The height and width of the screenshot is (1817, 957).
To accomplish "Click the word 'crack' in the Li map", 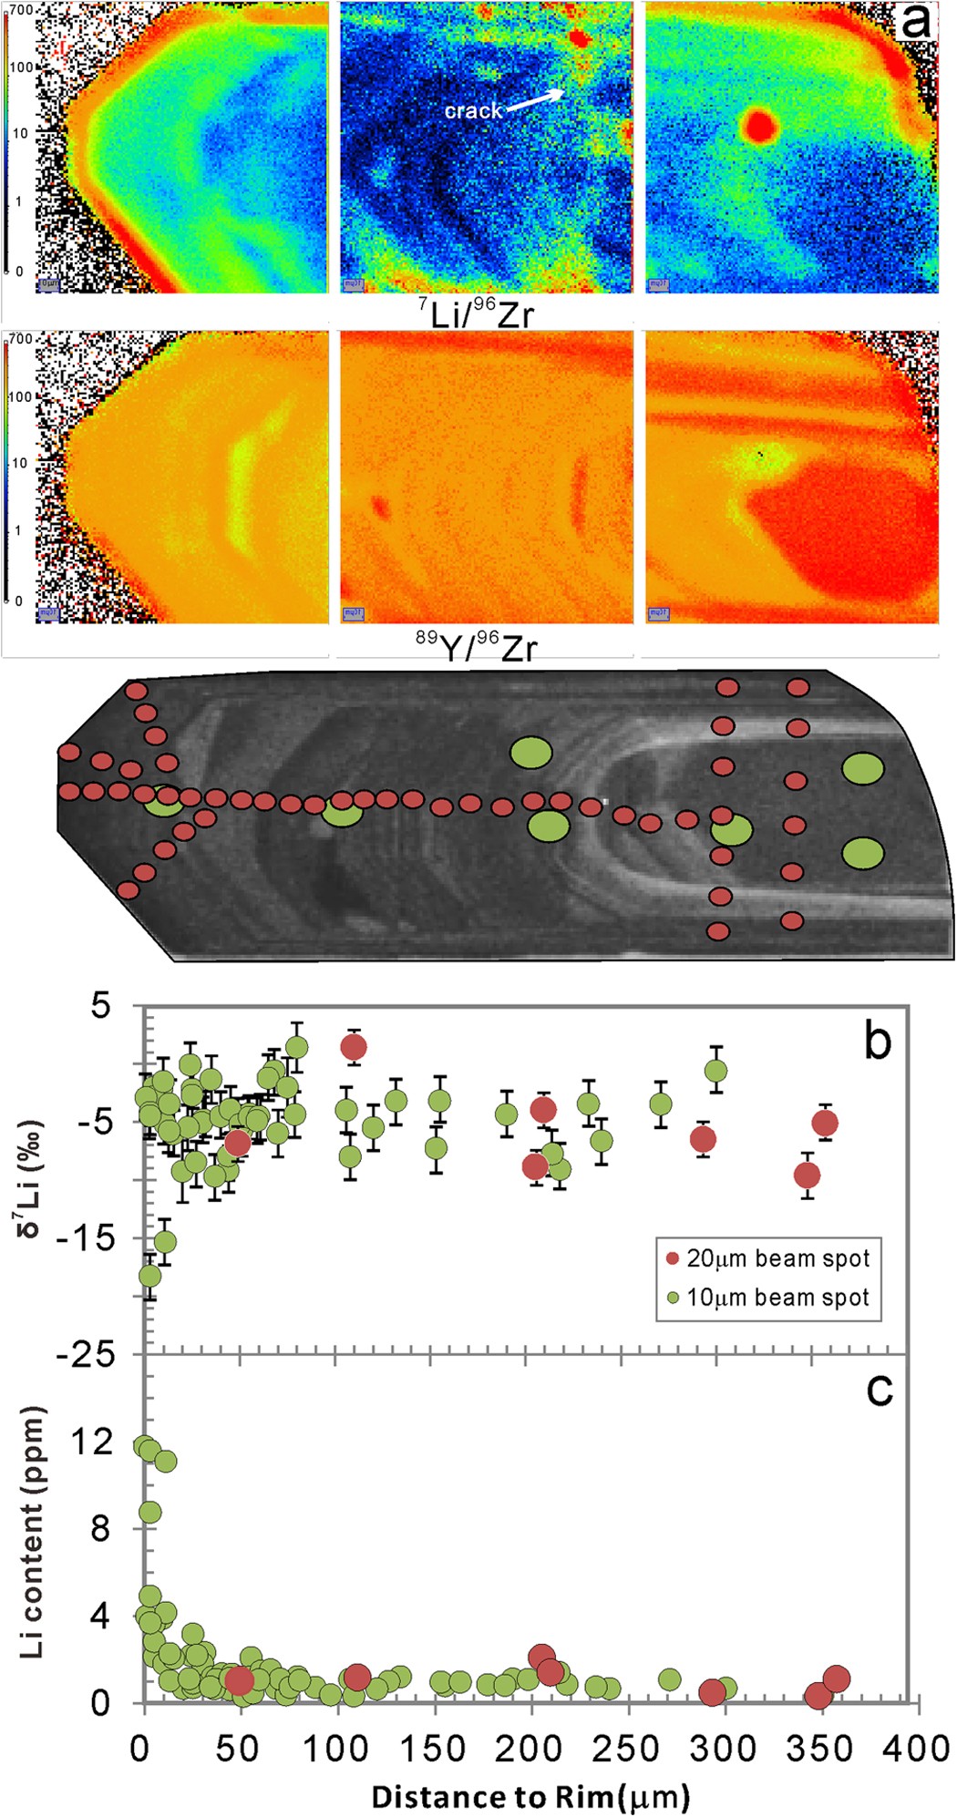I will click(473, 111).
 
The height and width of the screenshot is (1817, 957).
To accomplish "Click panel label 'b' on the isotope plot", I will click(877, 1041).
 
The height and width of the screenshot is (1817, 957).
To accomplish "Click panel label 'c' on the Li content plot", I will click(879, 1390).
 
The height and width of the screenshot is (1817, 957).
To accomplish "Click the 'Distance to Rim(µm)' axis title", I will click(530, 1797).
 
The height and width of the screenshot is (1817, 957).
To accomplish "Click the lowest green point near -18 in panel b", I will click(150, 1276).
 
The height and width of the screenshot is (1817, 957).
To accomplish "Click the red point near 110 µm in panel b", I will click(354, 1047).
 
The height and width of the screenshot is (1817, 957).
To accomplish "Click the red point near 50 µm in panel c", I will click(239, 1678).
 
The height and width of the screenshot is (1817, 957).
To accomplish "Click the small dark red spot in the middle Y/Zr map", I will click(379, 506).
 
